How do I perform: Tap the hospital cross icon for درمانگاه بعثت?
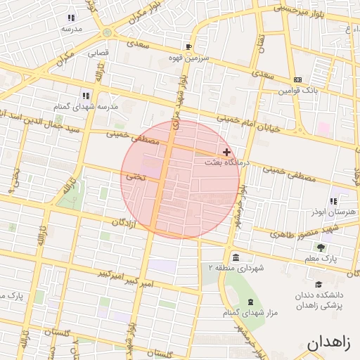(x=226, y=152)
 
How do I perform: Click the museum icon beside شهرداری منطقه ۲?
(x=234, y=257)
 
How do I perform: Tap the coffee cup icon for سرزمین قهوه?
(x=189, y=48)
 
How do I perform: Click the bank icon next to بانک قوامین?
(x=297, y=79)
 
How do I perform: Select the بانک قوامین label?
(x=298, y=90)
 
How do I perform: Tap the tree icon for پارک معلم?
(x=321, y=247)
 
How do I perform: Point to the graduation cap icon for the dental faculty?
(x=319, y=284)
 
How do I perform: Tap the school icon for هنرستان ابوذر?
(x=333, y=201)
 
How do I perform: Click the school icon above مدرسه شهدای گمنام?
(x=85, y=96)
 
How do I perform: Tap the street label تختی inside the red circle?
(x=135, y=179)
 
